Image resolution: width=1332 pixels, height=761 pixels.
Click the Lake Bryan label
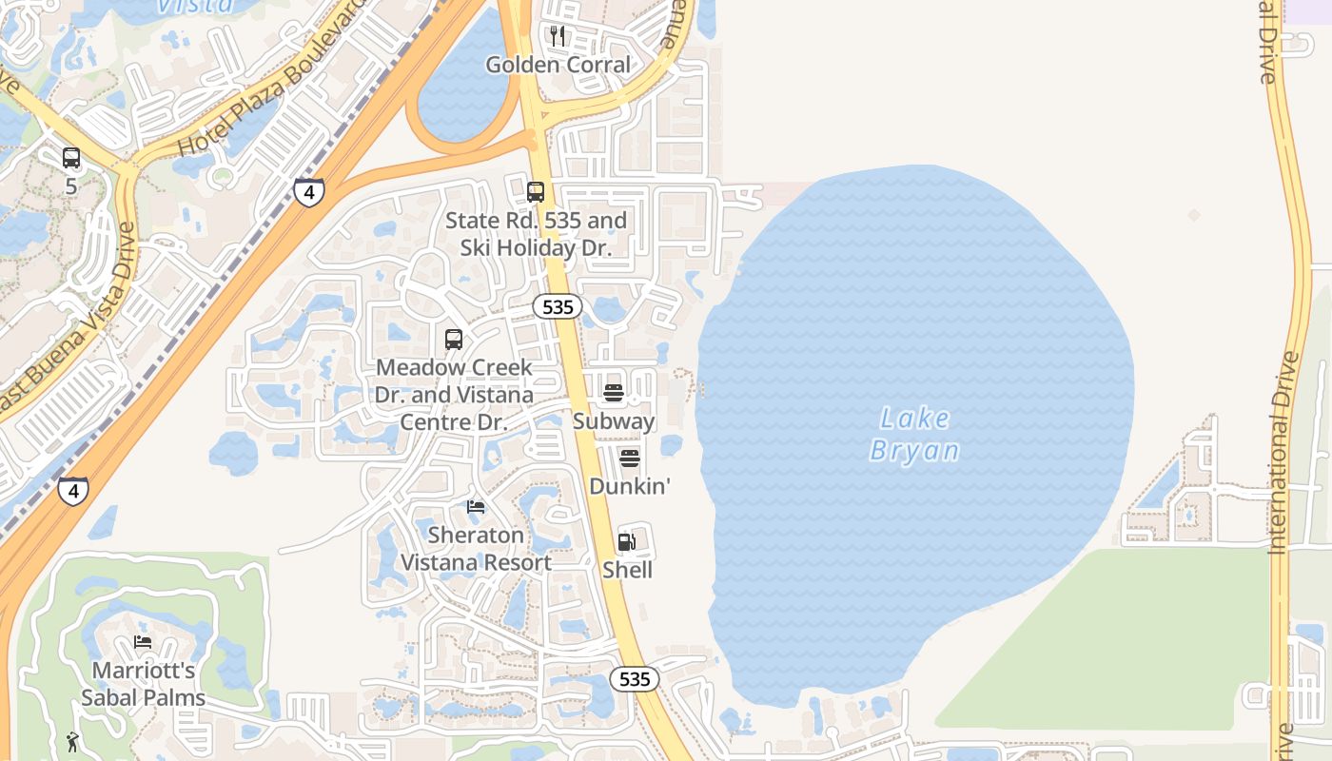(914, 434)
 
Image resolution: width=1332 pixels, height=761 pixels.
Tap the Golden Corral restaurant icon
(558, 36)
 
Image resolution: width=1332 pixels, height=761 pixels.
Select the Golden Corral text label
(558, 65)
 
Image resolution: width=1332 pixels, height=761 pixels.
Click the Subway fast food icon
(614, 393)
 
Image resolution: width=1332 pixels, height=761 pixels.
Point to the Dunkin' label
(630, 486)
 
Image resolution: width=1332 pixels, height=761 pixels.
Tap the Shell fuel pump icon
(626, 542)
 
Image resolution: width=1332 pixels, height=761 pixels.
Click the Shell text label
(628, 570)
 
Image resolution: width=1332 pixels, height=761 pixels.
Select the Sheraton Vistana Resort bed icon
(476, 506)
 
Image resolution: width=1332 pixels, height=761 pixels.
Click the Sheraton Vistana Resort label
(476, 549)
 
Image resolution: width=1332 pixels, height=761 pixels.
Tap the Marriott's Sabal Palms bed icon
(143, 642)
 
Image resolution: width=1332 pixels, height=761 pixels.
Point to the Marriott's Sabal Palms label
(143, 684)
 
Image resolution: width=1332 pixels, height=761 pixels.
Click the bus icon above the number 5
(71, 158)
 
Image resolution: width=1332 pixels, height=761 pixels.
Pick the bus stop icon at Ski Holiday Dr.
(536, 192)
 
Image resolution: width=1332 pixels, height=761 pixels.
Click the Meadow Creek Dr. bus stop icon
(454, 340)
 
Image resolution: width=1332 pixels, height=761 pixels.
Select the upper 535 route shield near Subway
(557, 306)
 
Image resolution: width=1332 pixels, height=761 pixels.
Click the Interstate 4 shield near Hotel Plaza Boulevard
(308, 192)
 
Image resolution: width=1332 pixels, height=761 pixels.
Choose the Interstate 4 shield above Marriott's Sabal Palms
(73, 491)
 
